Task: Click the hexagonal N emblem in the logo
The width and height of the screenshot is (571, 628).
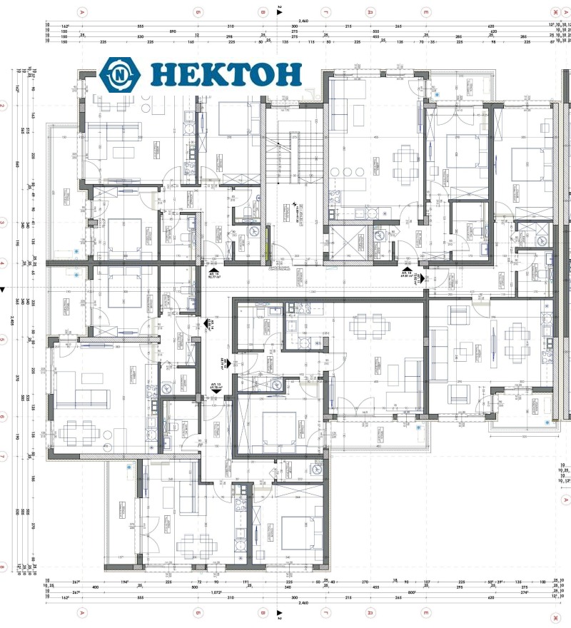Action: pyautogui.click(x=120, y=74)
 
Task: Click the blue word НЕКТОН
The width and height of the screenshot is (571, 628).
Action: pyautogui.click(x=226, y=74)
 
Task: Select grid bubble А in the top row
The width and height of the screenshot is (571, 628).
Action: pyautogui.click(x=83, y=12)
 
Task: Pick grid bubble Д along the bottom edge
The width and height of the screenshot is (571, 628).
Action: pyautogui.click(x=370, y=612)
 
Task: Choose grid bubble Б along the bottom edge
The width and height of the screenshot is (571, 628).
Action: pyautogui.click(x=197, y=612)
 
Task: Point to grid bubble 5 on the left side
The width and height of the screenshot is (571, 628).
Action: pyautogui.click(x=3, y=340)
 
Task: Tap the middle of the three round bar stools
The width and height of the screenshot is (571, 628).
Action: pyautogui.click(x=348, y=172)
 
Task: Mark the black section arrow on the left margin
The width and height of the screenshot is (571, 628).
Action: pyautogui.click(x=4, y=289)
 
